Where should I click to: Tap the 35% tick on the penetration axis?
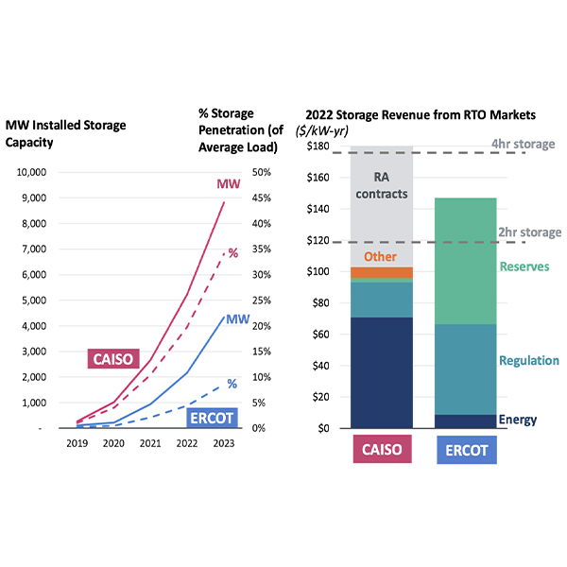260,249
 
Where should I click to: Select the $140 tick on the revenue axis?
318,209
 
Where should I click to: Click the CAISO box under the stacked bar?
381,451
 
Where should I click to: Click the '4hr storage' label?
523,145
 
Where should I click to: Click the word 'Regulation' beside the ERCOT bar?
529,361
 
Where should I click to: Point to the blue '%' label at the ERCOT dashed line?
232,384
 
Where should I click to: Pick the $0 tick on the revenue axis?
323,428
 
